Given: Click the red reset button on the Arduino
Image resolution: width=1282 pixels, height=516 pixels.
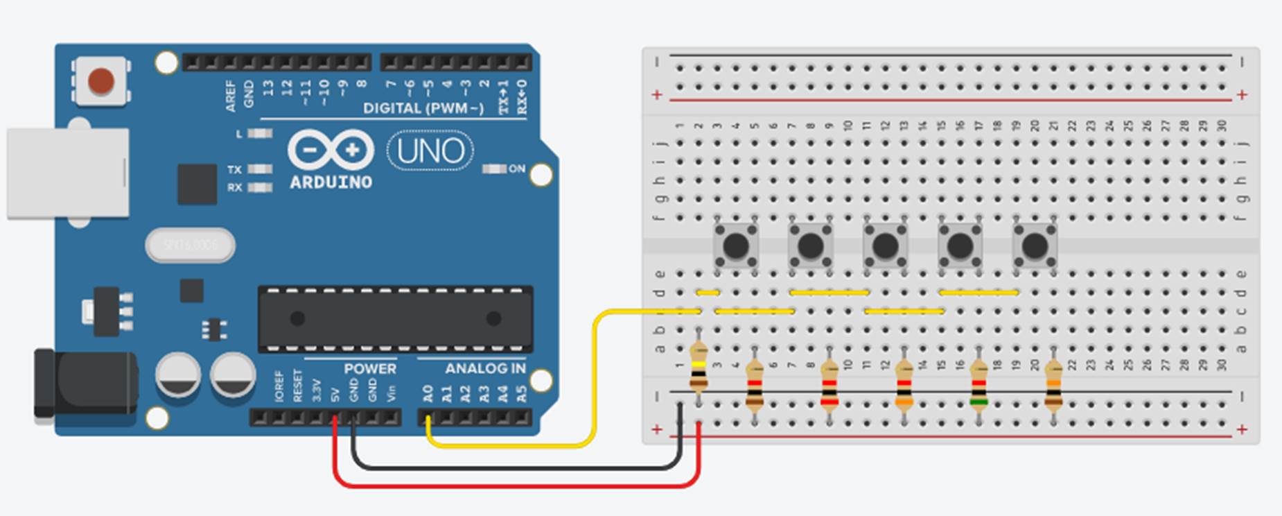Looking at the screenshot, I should tap(101, 81).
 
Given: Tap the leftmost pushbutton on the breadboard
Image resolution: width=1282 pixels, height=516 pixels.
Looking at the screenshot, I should tap(735, 245).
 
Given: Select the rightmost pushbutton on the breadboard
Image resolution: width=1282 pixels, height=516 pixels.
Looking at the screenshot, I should tap(1035, 245).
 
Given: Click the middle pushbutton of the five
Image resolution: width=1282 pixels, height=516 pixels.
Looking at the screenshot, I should tap(885, 245).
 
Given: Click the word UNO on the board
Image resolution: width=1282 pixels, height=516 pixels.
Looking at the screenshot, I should tap(430, 150).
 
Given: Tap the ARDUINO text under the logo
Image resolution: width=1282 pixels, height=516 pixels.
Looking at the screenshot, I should tap(331, 182).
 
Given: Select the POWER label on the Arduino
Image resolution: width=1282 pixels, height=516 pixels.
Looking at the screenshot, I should tap(370, 368).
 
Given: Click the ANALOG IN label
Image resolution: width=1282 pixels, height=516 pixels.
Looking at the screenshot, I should tap(485, 368).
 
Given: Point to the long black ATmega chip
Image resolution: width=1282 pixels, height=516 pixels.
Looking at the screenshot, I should tap(395, 319).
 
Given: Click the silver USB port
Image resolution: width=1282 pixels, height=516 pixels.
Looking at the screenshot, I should tap(68, 173).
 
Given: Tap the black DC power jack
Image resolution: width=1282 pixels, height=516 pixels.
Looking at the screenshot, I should tap(83, 384).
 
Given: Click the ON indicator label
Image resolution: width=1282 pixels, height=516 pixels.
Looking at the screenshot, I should tap(517, 169).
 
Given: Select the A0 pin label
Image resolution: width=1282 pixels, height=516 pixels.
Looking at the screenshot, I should tap(428, 394).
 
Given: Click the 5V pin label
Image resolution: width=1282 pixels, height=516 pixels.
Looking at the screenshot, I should tap(335, 394).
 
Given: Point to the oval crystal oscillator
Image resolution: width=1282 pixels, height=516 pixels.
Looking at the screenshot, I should tap(190, 245).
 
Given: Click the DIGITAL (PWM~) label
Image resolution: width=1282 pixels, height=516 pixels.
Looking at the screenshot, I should tap(423, 108).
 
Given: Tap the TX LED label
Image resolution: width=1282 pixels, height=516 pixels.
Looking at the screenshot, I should tap(234, 169).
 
